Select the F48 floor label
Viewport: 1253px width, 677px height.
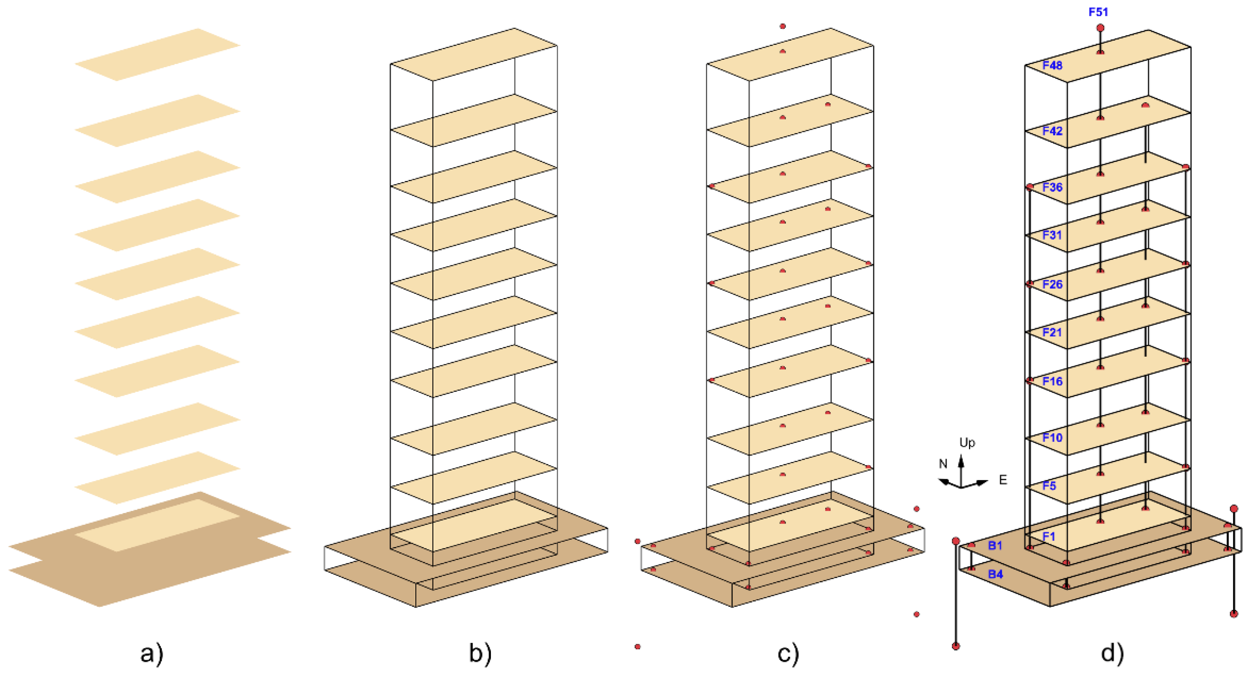(1052, 65)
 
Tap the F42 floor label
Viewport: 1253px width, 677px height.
(1052, 131)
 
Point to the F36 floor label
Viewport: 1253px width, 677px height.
(1052, 187)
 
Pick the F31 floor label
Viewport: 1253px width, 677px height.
(1052, 235)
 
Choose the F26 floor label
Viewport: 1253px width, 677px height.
(1052, 284)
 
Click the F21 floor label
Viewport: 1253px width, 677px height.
(1052, 332)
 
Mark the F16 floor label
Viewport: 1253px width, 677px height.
(1052, 381)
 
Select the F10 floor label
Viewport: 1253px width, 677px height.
(1052, 437)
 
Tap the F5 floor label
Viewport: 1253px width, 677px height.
(1049, 485)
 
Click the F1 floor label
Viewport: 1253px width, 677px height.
(1049, 536)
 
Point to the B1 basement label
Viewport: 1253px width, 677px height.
(995, 545)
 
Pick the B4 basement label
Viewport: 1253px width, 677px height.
(995, 574)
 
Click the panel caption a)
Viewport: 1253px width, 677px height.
(152, 653)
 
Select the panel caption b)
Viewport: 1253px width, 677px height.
(480, 653)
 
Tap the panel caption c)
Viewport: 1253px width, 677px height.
(788, 653)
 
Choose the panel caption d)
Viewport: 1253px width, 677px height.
(1113, 653)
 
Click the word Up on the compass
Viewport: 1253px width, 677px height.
(967, 442)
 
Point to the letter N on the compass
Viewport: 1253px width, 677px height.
(943, 464)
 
